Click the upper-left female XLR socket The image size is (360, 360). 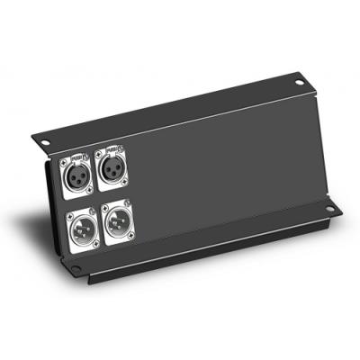coord(75,174)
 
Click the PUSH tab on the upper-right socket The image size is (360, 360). coord(112,152)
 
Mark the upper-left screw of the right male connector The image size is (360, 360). coord(105,207)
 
